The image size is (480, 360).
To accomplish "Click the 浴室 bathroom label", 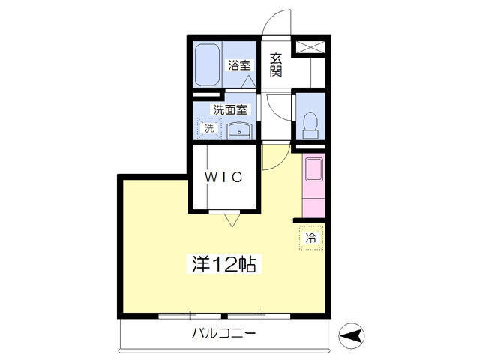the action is pos(239,65).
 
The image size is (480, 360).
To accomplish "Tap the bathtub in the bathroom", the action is pos(208,65).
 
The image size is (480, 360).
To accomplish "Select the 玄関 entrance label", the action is pos(276,65).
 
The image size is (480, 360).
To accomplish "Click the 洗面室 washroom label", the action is pos(230,109).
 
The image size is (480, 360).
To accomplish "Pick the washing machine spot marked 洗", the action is pos(209,128).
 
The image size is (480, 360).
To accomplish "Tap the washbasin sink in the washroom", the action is pos(239,131).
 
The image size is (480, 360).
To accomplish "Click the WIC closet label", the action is pos(223,177).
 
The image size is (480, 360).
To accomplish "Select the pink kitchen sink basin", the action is pos(313,169).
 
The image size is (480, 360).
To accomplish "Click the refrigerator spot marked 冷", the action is pos(311,238).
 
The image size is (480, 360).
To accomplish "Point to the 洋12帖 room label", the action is pos(224,264).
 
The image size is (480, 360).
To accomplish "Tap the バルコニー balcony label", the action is pos(223,333).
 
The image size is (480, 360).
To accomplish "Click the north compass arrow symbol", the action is pos(352,336).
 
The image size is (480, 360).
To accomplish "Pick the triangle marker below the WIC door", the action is pos(232,220).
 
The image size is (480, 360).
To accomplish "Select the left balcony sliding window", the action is pos(190,316).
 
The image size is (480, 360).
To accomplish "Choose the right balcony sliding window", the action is pos(259,316).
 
